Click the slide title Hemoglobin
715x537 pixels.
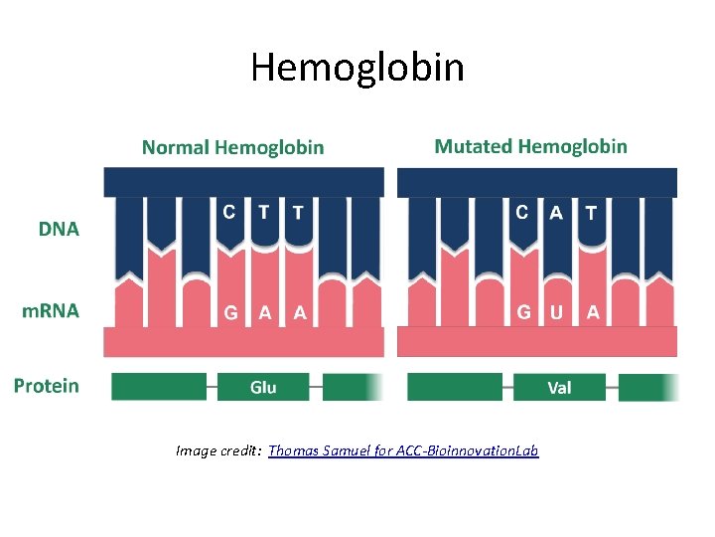click(357, 68)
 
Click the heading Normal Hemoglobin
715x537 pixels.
click(232, 148)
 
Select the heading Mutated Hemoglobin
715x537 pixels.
click(530, 147)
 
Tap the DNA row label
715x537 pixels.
click(59, 230)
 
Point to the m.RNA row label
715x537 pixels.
click(51, 310)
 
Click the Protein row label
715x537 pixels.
click(47, 386)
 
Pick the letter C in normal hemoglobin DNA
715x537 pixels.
click(229, 212)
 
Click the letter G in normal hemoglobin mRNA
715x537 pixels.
click(230, 312)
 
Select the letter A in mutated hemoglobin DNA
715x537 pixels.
click(556, 213)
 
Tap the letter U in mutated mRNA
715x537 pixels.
click(556, 312)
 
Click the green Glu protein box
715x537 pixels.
click(263, 387)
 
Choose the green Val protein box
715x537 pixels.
click(559, 387)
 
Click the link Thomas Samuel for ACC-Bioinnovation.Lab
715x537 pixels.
click(403, 451)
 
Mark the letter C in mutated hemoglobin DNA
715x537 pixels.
click(522, 212)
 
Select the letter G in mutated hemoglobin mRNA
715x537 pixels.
click(523, 312)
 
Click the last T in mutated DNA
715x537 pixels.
click(592, 213)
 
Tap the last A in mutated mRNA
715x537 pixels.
click(593, 312)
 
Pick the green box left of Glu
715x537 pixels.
click(159, 387)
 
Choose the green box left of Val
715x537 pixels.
click(454, 387)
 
